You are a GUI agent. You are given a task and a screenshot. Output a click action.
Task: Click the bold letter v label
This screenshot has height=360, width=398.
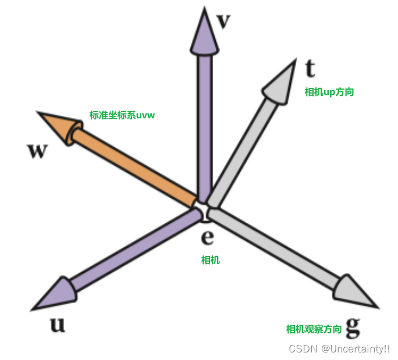click(223, 22)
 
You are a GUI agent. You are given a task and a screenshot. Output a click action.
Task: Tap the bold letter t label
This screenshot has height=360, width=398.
click(310, 69)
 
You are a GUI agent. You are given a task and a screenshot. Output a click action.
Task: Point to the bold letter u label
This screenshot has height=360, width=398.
click(57, 324)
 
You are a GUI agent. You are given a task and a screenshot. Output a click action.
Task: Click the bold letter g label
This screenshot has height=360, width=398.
click(353, 327)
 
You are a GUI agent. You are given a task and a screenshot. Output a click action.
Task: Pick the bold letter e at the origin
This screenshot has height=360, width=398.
click(207, 237)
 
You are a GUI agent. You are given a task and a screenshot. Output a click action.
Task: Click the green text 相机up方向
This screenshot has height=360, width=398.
click(329, 92)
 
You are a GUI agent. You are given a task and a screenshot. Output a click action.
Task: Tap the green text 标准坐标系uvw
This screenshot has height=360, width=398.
click(122, 115)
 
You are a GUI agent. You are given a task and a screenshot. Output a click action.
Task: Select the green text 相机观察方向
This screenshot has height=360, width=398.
click(314, 329)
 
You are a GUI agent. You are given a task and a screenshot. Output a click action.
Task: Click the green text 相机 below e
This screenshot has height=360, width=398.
click(210, 260)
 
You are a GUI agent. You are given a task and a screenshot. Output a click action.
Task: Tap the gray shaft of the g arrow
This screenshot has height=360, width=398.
click(273, 250)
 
